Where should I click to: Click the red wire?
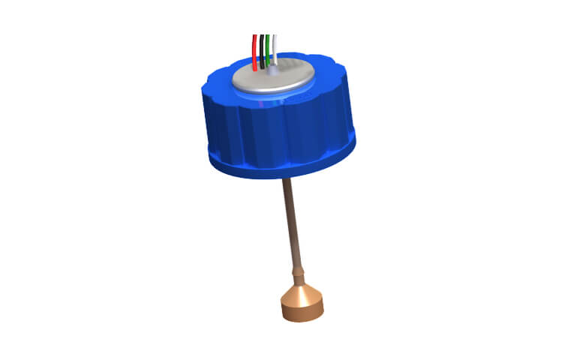(255, 52)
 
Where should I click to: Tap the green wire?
(268, 51)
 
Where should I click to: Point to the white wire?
(275, 49)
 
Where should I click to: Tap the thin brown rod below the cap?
(293, 225)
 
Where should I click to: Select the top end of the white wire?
(275, 35)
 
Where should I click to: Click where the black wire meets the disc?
(262, 67)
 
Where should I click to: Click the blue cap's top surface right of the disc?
(330, 75)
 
